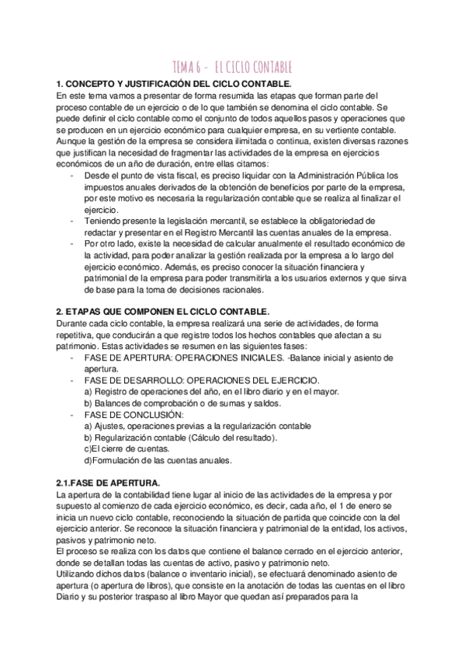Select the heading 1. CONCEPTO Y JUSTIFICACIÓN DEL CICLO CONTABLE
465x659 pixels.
175,83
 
